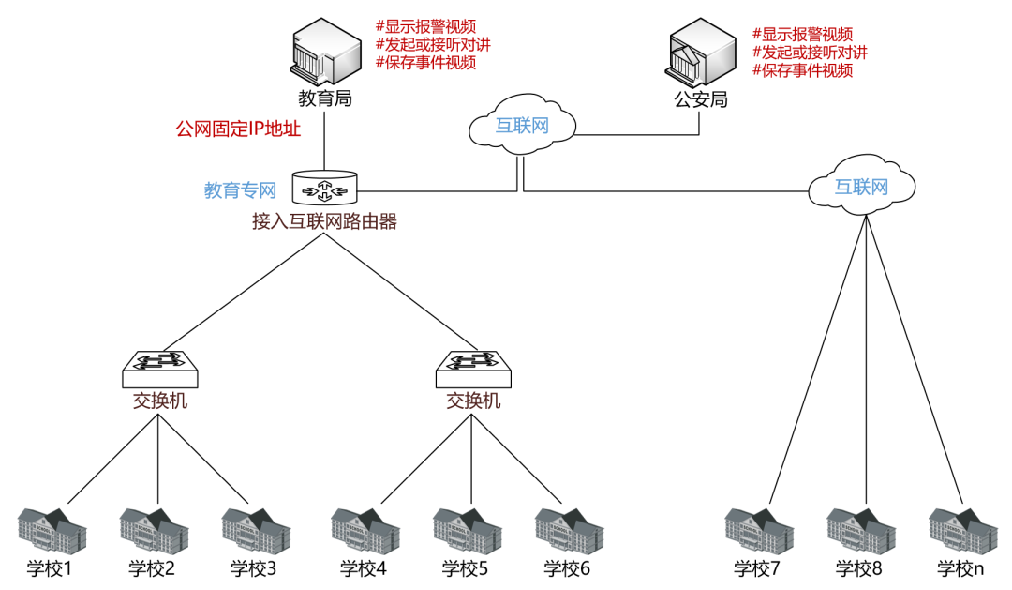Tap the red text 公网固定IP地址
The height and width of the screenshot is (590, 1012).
238,129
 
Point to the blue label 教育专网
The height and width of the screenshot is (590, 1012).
241,190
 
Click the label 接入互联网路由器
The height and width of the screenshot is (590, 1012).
324,221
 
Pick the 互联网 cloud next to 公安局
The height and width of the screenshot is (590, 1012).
521,125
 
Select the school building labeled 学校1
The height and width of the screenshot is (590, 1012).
52,528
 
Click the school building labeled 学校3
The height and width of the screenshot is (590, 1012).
255,528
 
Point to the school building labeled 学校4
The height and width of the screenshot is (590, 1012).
365,528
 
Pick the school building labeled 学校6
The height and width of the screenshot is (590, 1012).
568,528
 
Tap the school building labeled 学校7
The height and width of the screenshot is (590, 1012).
759,528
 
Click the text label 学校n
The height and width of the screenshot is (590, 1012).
961,568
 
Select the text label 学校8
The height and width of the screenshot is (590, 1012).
860,568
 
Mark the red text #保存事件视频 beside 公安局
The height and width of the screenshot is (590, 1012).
803,70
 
